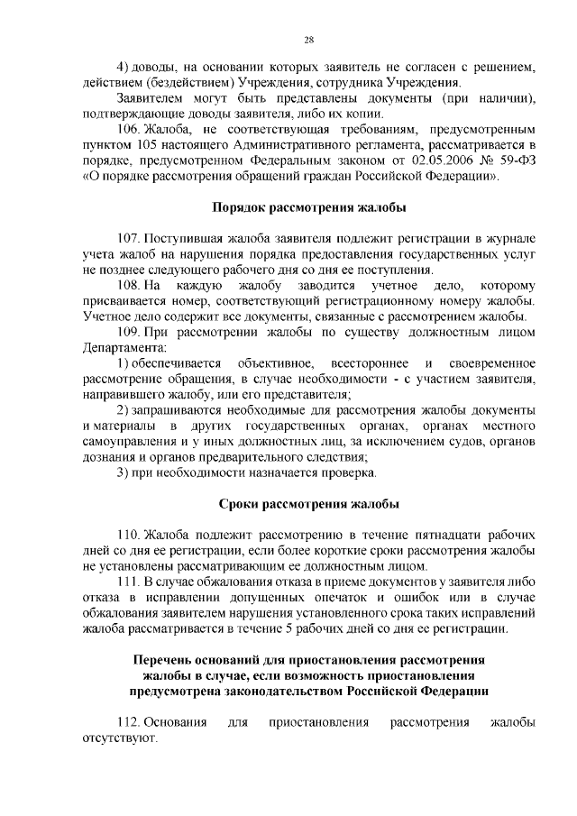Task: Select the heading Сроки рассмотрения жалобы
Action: pos(308,503)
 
